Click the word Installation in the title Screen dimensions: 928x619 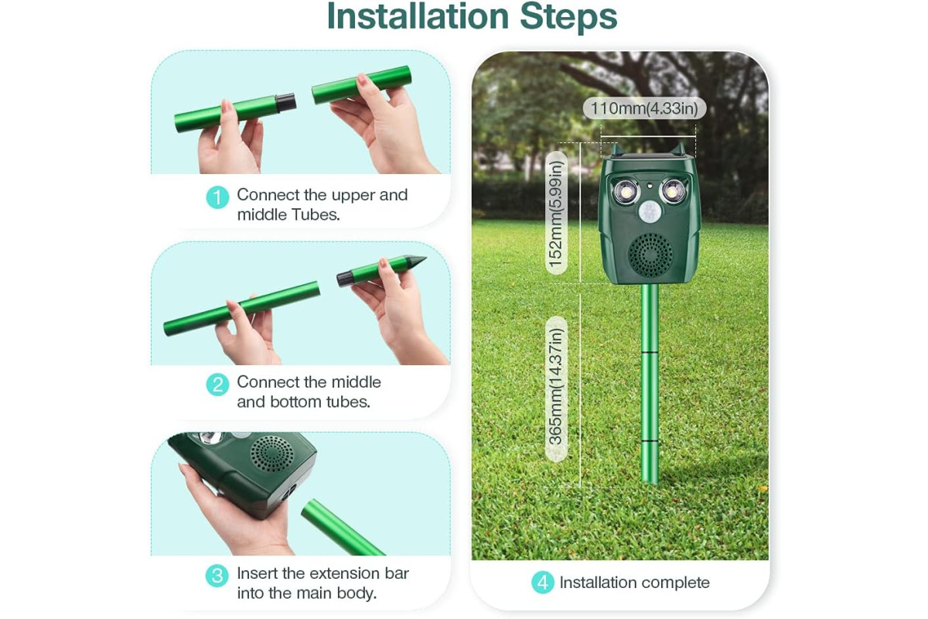418,16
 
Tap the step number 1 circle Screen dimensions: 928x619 217,197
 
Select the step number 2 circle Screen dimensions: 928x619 217,385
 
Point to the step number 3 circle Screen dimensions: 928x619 217,576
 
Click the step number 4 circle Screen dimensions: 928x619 543,582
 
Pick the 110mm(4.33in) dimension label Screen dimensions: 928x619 644,108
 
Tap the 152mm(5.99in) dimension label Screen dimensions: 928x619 556,213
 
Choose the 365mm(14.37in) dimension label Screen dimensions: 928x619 556,389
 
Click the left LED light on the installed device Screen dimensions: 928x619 626,192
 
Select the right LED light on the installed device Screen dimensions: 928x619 674,191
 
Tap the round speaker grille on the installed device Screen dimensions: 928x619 650,255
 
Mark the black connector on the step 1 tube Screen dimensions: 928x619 285,102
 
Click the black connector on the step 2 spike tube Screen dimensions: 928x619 345,278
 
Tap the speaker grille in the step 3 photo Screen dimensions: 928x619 272,453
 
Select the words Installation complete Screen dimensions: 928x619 634,583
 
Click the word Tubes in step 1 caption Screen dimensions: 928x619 316,214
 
